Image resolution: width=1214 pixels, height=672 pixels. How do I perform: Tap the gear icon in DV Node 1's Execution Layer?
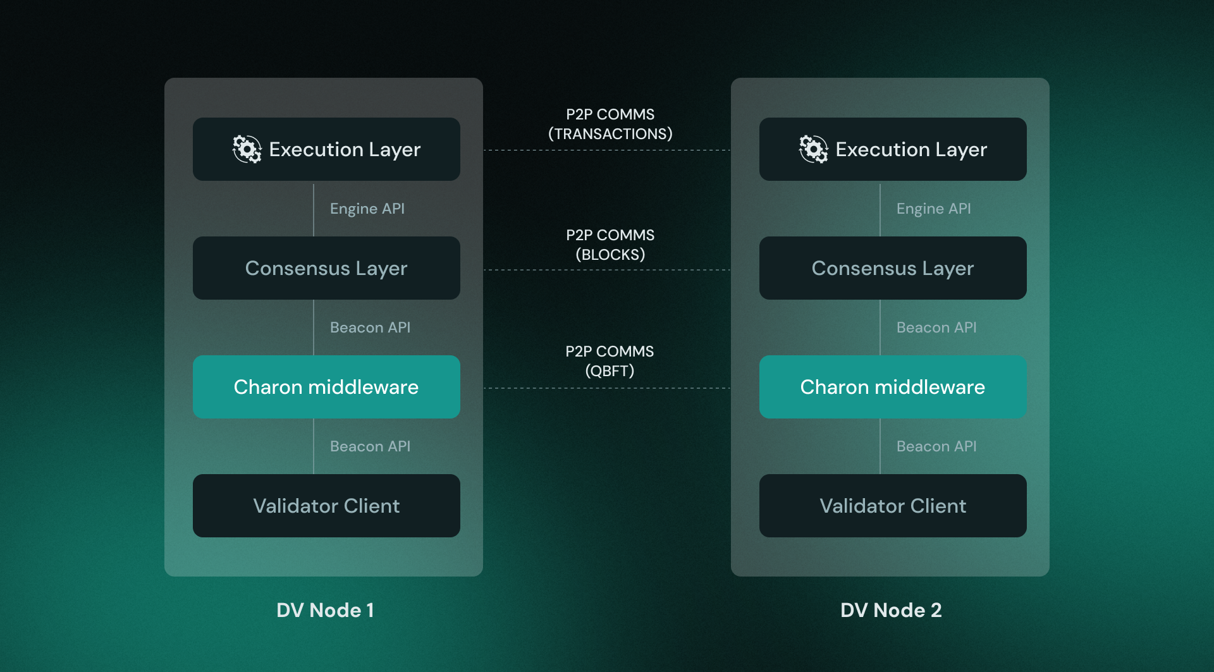tap(247, 149)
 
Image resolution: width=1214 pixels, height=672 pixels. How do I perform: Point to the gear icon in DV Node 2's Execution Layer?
tap(813, 149)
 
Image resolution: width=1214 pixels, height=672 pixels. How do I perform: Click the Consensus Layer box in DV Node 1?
tap(326, 268)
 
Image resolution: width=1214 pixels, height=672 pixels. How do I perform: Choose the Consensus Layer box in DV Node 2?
tap(893, 268)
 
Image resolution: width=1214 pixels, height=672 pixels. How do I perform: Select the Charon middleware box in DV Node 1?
tap(326, 387)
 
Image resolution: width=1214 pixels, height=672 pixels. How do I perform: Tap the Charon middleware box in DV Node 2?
tap(893, 387)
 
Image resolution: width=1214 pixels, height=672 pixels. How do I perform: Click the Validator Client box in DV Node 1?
tap(326, 506)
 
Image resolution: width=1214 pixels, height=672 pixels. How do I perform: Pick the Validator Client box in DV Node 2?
tap(893, 506)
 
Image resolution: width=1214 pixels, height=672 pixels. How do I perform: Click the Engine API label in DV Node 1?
tap(367, 209)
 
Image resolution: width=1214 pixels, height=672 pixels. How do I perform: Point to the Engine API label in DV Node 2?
tap(933, 209)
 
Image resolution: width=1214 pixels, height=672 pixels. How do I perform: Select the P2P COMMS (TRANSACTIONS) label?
tap(610, 124)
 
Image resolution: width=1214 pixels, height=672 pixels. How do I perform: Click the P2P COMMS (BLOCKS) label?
tap(610, 245)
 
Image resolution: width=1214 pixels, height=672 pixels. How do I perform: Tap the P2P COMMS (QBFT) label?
tap(610, 361)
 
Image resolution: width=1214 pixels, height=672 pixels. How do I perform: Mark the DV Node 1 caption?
tap(325, 610)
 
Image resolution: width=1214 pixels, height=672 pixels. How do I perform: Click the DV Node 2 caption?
tap(891, 610)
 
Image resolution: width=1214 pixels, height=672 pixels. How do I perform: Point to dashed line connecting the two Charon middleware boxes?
tap(607, 388)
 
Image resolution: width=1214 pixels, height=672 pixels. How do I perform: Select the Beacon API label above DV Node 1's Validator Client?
tap(370, 446)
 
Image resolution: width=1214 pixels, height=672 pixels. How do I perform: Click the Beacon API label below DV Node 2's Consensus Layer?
tap(936, 327)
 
